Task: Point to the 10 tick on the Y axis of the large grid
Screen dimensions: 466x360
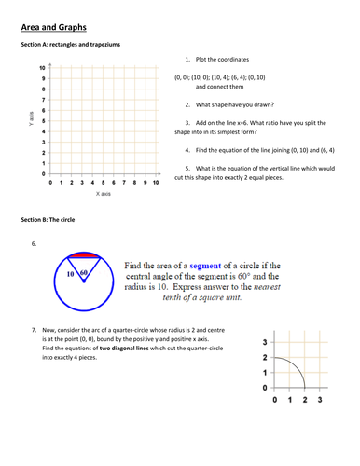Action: [42, 68]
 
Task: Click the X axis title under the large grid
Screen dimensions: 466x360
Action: [104, 196]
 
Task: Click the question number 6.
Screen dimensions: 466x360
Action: [34, 244]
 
